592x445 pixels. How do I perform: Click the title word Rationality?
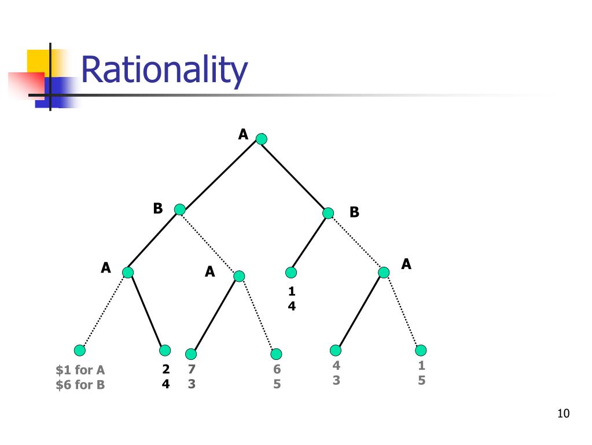[164, 71]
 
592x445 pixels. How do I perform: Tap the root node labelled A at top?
[262, 139]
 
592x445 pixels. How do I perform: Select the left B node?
[179, 209]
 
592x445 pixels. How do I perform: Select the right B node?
[328, 213]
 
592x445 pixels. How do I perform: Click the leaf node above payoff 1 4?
[291, 272]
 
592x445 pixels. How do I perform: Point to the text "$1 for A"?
[80, 370]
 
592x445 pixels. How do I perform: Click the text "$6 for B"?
[80, 384]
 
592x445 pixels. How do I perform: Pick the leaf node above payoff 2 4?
[165, 350]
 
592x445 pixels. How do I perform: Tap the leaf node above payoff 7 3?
[191, 354]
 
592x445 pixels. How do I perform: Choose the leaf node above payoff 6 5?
[276, 354]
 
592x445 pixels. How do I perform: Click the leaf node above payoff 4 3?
[336, 350]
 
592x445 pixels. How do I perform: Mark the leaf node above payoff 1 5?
[421, 350]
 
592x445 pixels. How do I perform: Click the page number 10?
[563, 413]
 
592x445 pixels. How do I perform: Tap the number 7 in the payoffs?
[192, 369]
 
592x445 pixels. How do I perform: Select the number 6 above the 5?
[277, 369]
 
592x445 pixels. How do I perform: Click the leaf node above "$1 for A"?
[80, 350]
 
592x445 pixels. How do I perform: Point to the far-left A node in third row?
[128, 272]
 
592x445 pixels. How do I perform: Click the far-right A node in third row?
[384, 272]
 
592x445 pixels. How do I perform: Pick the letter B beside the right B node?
[354, 212]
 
